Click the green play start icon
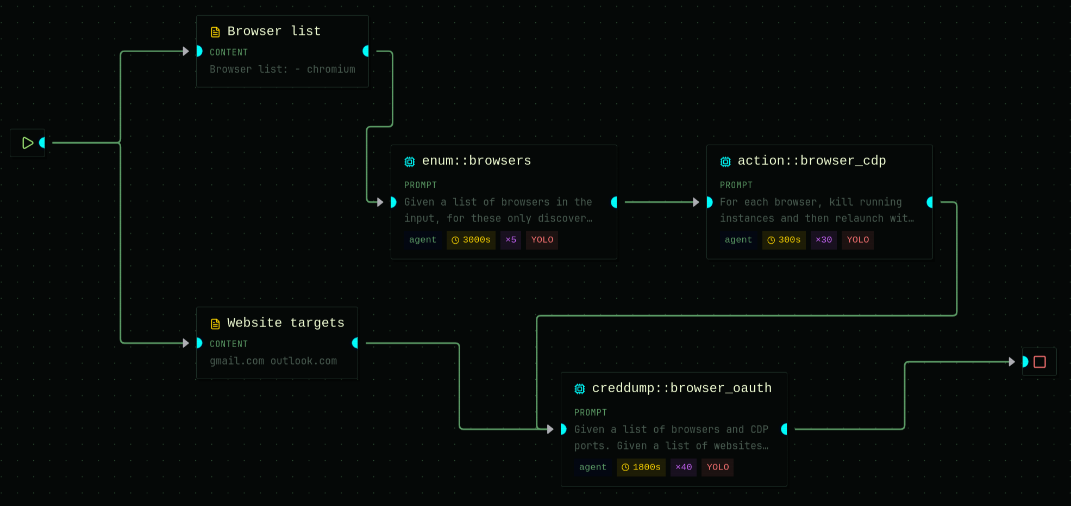click(28, 143)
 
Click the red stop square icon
click(1039, 362)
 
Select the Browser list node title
click(274, 31)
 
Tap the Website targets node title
click(285, 323)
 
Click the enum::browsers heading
click(476, 161)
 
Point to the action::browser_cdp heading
click(811, 161)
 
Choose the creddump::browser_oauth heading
click(681, 388)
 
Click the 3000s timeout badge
click(471, 240)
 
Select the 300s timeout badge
click(784, 240)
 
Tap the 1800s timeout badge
click(641, 467)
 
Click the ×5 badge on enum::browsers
click(511, 240)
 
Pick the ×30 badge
click(823, 240)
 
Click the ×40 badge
click(683, 467)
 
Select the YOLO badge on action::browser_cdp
click(857, 240)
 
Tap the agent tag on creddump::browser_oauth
click(592, 467)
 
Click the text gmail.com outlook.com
click(273, 361)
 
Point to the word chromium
click(330, 69)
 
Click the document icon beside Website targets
click(215, 324)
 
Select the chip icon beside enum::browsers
click(410, 162)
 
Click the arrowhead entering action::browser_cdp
click(696, 202)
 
